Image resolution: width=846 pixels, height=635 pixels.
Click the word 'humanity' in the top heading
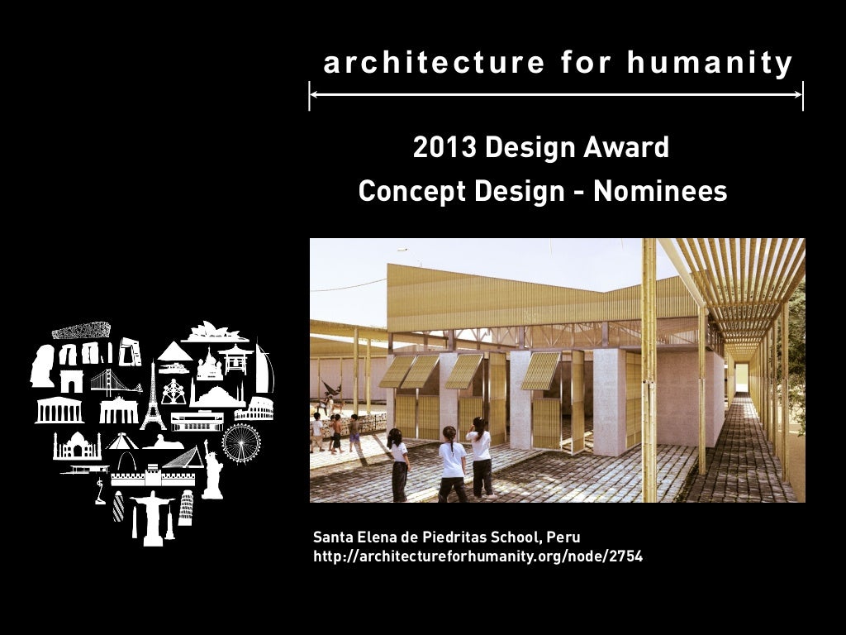(x=711, y=63)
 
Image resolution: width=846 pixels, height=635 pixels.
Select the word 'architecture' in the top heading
(x=434, y=63)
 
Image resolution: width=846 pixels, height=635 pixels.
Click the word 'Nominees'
(x=660, y=192)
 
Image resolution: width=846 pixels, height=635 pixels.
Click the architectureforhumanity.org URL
(x=478, y=556)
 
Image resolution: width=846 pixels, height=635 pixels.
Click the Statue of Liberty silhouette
(x=213, y=471)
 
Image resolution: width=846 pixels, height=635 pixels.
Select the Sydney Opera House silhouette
(x=215, y=332)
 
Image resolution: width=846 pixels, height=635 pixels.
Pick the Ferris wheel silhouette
(x=241, y=443)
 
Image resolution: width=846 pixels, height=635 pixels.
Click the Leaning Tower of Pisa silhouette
(x=185, y=507)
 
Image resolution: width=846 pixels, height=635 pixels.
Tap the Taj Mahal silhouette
(x=77, y=446)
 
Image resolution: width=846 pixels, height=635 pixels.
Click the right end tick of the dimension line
(x=802, y=96)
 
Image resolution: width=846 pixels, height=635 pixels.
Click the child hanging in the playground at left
(x=332, y=388)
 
